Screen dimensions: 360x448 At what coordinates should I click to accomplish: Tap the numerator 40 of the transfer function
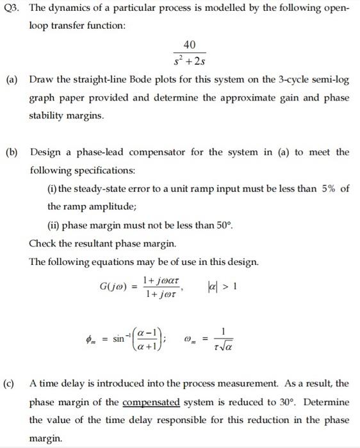[x=189, y=44]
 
